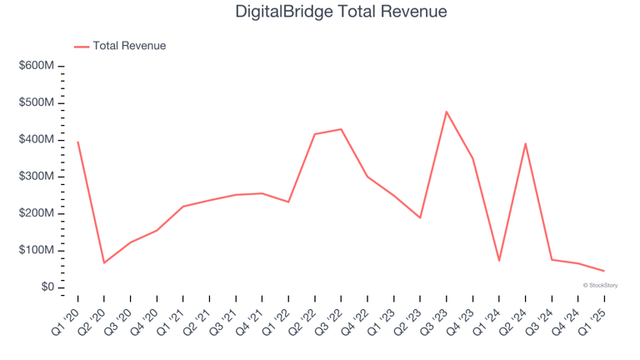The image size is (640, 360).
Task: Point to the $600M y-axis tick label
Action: (x=37, y=66)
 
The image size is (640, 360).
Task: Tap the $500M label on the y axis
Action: (x=37, y=102)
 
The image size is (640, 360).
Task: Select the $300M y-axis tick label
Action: (x=37, y=177)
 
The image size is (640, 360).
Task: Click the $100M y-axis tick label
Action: (x=37, y=250)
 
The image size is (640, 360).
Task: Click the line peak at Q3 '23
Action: (x=447, y=112)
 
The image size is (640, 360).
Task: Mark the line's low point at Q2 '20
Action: (x=104, y=262)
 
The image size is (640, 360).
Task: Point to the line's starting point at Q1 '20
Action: (x=77, y=142)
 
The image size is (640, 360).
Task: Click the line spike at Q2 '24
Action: (x=525, y=143)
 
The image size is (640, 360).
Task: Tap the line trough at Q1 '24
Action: (x=499, y=261)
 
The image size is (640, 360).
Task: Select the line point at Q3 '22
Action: (x=341, y=129)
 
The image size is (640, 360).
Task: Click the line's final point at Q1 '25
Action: (x=604, y=271)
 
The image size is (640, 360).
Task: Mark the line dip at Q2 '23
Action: (x=420, y=217)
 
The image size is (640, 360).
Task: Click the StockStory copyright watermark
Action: (x=600, y=285)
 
